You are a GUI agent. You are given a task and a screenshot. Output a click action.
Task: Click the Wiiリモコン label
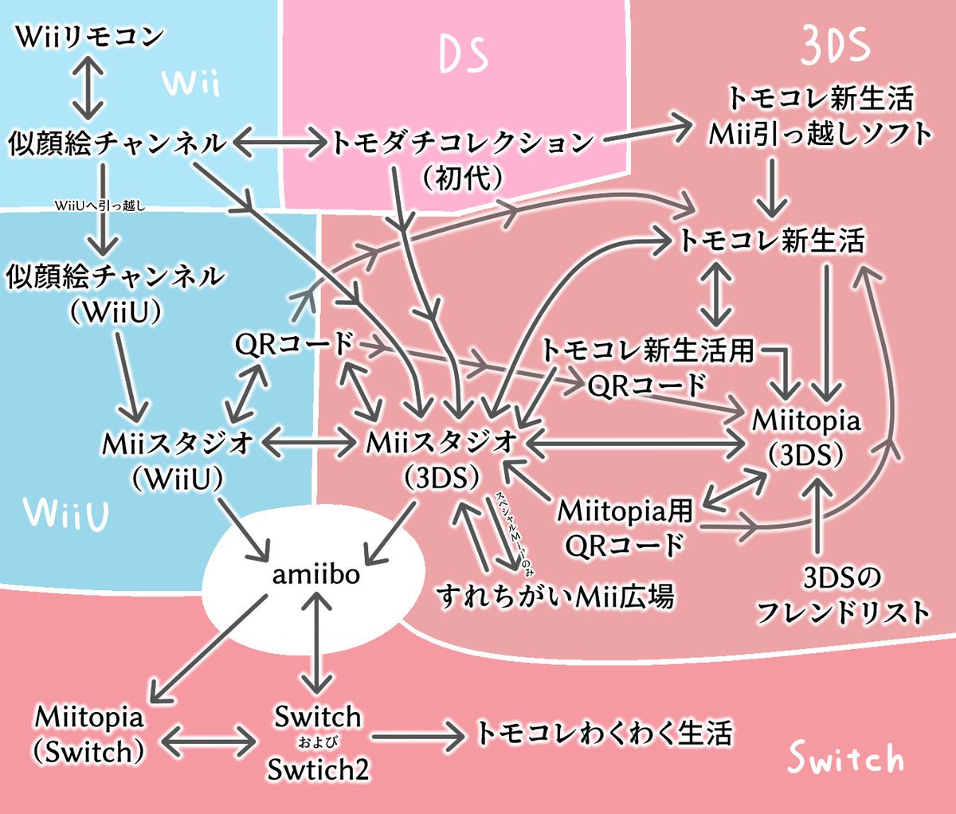(x=89, y=37)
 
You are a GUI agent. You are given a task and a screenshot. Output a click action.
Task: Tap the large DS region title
(x=464, y=55)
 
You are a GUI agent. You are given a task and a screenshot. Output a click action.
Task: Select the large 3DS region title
(x=835, y=47)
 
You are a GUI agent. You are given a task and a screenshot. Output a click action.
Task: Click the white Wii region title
(x=190, y=82)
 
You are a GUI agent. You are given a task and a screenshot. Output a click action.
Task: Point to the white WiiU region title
(x=66, y=514)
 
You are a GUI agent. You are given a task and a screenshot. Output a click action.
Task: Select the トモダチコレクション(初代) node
(x=462, y=158)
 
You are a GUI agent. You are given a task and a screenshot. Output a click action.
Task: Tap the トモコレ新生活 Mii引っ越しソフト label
(x=821, y=116)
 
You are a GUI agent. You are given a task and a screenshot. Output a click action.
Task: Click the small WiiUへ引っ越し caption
(x=100, y=206)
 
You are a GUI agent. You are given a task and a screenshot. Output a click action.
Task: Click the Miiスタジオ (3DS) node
(x=441, y=460)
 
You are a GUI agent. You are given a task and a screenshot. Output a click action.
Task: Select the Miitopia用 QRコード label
(x=625, y=527)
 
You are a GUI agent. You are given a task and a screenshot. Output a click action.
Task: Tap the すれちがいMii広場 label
(x=555, y=596)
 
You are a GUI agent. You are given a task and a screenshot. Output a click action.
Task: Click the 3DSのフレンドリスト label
(x=842, y=595)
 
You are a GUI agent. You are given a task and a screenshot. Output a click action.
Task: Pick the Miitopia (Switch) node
(x=89, y=734)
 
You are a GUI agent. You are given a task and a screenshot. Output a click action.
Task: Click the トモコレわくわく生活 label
(x=603, y=734)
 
